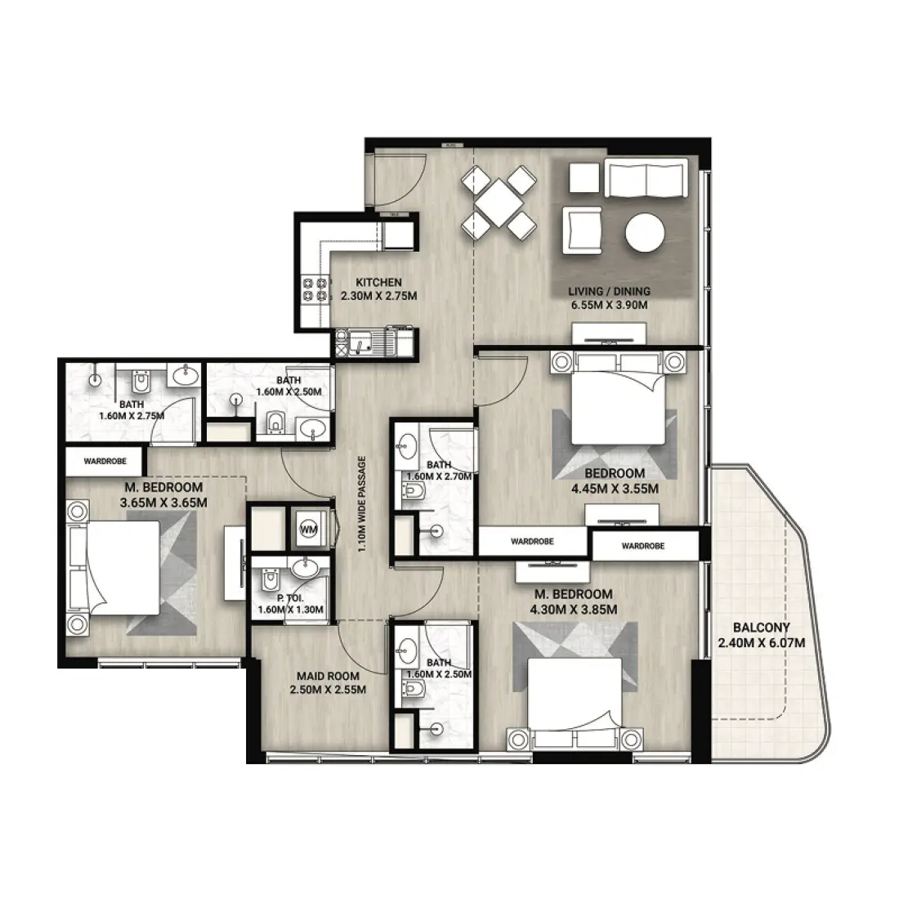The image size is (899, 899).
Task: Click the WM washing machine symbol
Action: pyautogui.click(x=308, y=530)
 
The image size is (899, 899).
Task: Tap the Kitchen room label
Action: pyautogui.click(x=378, y=283)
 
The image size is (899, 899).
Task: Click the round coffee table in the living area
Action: pyautogui.click(x=645, y=233)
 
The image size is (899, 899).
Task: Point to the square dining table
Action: pyautogui.click(x=499, y=203)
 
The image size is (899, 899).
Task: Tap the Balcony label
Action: pyautogui.click(x=762, y=627)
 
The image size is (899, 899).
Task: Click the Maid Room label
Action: pyautogui.click(x=328, y=677)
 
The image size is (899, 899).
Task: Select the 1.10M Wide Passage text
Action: pyautogui.click(x=362, y=504)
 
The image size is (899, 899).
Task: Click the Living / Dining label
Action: pyautogui.click(x=610, y=291)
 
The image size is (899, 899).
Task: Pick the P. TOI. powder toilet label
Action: pyautogui.click(x=290, y=598)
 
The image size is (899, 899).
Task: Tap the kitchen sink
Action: pyautogui.click(x=360, y=343)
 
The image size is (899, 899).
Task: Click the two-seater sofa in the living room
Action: pyautogui.click(x=646, y=178)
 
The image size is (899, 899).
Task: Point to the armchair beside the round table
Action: pyautogui.click(x=583, y=230)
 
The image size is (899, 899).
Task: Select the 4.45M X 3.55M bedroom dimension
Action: pyautogui.click(x=615, y=489)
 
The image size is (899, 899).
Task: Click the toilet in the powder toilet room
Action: pyautogui.click(x=269, y=579)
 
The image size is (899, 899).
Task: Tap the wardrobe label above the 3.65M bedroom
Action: pyautogui.click(x=105, y=461)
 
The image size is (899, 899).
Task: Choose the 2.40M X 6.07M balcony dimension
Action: pyautogui.click(x=762, y=642)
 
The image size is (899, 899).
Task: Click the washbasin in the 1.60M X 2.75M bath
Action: pyautogui.click(x=185, y=376)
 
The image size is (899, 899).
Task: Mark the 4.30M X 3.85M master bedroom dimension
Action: pyautogui.click(x=574, y=610)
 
